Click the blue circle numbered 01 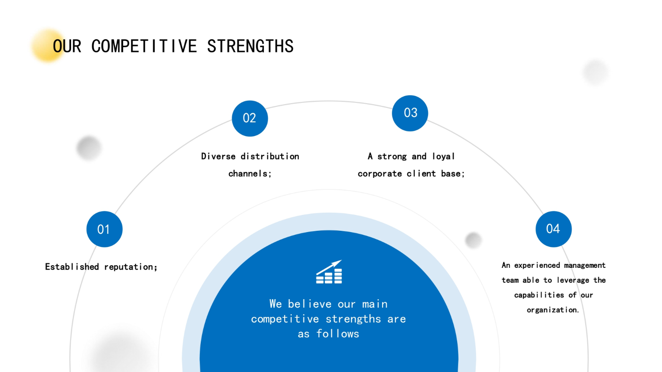point(104,229)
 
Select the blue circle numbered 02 point(250,118)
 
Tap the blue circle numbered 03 point(410,113)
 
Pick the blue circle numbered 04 point(553,229)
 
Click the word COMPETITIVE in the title point(144,46)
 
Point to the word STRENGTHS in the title point(250,46)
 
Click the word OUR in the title point(67,46)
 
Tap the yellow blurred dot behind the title point(48,45)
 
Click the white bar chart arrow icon point(329,272)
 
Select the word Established point(72,267)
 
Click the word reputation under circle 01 point(130,267)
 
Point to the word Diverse point(218,156)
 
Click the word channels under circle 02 point(248,173)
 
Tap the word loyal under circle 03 point(443,157)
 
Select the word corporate point(380,174)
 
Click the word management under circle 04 point(585,265)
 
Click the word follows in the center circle point(338,334)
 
